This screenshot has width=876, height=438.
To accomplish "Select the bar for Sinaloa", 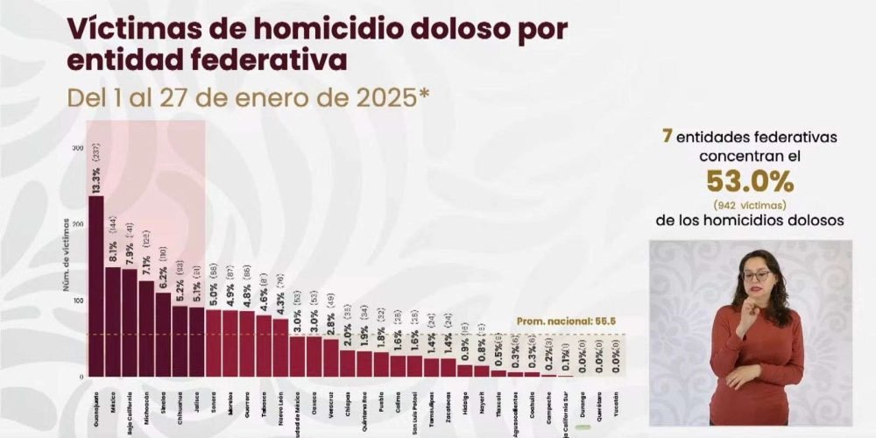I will pos(163,334).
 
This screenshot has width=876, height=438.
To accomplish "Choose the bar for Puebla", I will pos(381,364).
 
